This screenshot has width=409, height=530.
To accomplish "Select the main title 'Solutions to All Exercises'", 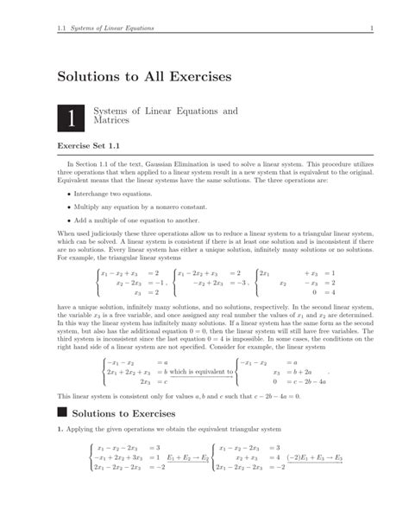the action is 144,76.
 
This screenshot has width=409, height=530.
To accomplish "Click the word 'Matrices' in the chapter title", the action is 110,123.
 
